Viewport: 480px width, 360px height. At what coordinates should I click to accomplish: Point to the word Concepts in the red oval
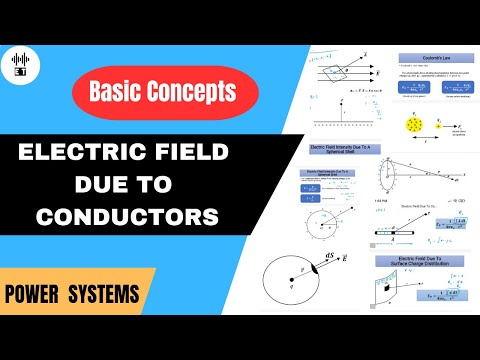point(199,92)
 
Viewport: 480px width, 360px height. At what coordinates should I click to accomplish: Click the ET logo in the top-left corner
point(21,62)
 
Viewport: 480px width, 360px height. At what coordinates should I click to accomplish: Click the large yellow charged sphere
point(414,125)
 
